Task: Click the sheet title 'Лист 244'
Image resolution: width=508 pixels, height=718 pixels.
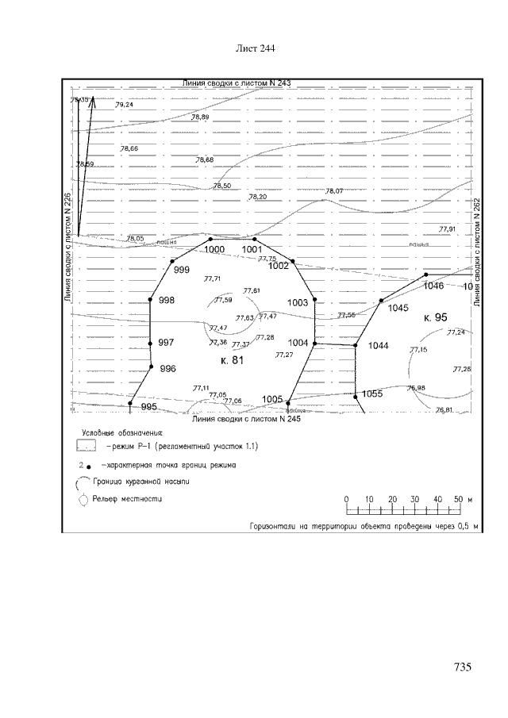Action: tap(256, 49)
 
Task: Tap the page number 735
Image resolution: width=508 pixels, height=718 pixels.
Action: tap(464, 667)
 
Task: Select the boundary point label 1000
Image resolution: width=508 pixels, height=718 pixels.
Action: tap(214, 249)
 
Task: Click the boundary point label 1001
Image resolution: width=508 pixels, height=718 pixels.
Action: tap(252, 249)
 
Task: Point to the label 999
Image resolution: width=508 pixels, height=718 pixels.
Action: tap(182, 271)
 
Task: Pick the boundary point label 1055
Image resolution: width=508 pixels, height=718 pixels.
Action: tap(372, 394)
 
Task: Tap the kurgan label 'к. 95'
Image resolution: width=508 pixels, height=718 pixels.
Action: tap(436, 317)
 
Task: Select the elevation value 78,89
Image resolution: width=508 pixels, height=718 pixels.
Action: tap(200, 117)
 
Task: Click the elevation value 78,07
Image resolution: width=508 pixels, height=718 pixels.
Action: tap(334, 191)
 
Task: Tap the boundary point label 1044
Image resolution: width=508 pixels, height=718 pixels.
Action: tap(379, 346)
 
